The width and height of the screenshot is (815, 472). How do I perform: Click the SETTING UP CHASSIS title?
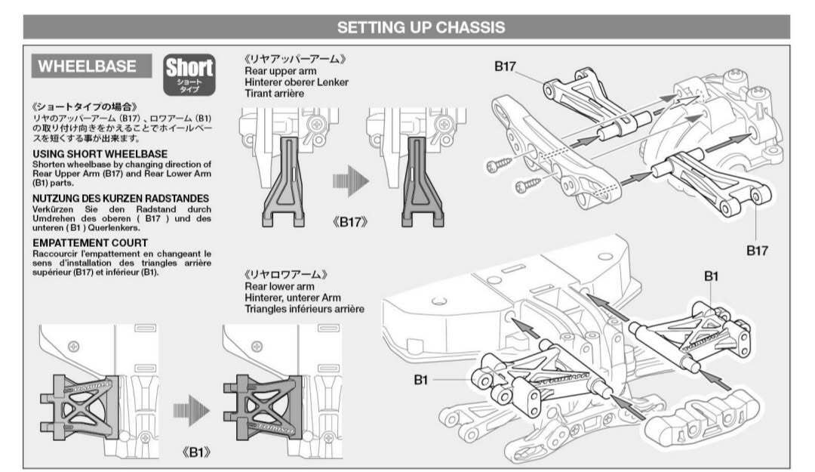click(421, 28)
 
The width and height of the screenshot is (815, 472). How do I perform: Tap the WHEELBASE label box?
click(91, 66)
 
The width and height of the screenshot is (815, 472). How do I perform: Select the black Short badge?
click(189, 75)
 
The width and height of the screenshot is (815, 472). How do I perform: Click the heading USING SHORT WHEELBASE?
click(100, 154)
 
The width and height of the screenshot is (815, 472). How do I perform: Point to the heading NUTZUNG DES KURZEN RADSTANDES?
click(121, 199)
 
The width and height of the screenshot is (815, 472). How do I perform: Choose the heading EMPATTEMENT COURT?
click(90, 243)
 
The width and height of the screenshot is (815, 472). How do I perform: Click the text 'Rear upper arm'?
click(280, 71)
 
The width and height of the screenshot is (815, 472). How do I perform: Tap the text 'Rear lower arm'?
click(280, 286)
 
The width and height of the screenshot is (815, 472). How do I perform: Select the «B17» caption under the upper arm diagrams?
click(350, 222)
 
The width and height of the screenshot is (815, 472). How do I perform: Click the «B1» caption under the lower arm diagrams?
click(196, 452)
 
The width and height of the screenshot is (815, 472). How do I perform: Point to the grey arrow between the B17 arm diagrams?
click(351, 181)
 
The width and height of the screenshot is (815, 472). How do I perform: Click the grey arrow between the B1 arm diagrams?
click(191, 411)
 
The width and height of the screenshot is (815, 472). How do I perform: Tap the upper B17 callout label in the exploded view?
click(505, 66)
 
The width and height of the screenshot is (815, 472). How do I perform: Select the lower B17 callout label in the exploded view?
click(757, 250)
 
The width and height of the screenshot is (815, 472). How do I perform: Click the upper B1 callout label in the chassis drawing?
click(711, 276)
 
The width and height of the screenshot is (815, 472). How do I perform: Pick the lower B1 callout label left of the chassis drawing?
click(420, 380)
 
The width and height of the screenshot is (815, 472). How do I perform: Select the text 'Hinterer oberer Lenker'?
click(297, 82)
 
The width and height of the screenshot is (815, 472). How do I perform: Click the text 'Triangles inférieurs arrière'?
click(305, 309)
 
